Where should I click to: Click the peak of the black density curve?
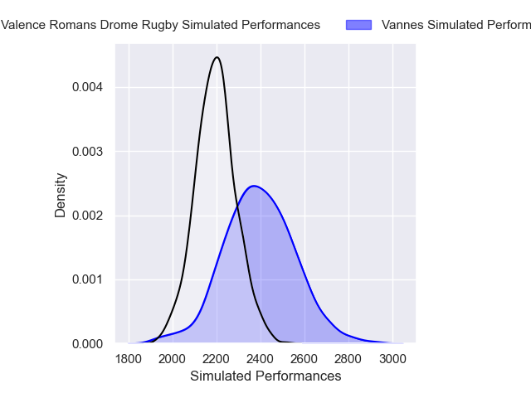tap(217, 57)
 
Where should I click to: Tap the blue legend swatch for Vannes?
tap(359, 26)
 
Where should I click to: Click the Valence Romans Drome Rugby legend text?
tap(160, 26)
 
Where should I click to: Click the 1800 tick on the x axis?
tap(129, 359)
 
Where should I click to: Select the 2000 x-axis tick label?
tap(173, 359)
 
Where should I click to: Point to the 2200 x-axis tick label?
tap(217, 359)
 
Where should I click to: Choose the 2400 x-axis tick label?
tap(261, 359)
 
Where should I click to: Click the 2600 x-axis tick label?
tap(304, 359)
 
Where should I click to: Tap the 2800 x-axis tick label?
tap(348, 359)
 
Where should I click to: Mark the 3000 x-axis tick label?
tap(392, 359)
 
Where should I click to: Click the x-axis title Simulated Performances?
tap(265, 376)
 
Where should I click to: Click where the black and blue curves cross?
tap(237, 207)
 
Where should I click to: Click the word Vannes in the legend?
tap(402, 26)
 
